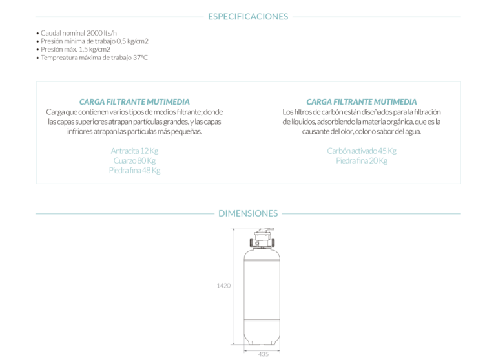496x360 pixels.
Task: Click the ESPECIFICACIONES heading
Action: [x=248, y=16]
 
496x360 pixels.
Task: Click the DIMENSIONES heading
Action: [x=248, y=213]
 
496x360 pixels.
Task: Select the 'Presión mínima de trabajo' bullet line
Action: [x=94, y=41]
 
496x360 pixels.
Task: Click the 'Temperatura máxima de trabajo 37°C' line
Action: [x=93, y=58]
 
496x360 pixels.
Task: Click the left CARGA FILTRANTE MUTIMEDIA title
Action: [x=134, y=102]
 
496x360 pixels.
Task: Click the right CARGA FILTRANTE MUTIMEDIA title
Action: [x=361, y=102]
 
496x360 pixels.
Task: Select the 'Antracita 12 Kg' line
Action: [x=134, y=151]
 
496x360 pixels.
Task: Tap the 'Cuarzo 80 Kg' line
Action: [x=134, y=160]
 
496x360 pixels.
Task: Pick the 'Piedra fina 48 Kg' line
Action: [x=134, y=170]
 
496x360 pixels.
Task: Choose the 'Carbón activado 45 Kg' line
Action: [x=361, y=151]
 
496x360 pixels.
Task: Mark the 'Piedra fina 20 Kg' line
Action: [x=361, y=160]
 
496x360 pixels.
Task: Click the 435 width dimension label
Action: [x=263, y=354]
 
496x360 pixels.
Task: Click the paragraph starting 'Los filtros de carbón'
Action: [x=361, y=122]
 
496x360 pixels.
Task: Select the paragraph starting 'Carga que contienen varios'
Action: [x=134, y=122]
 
